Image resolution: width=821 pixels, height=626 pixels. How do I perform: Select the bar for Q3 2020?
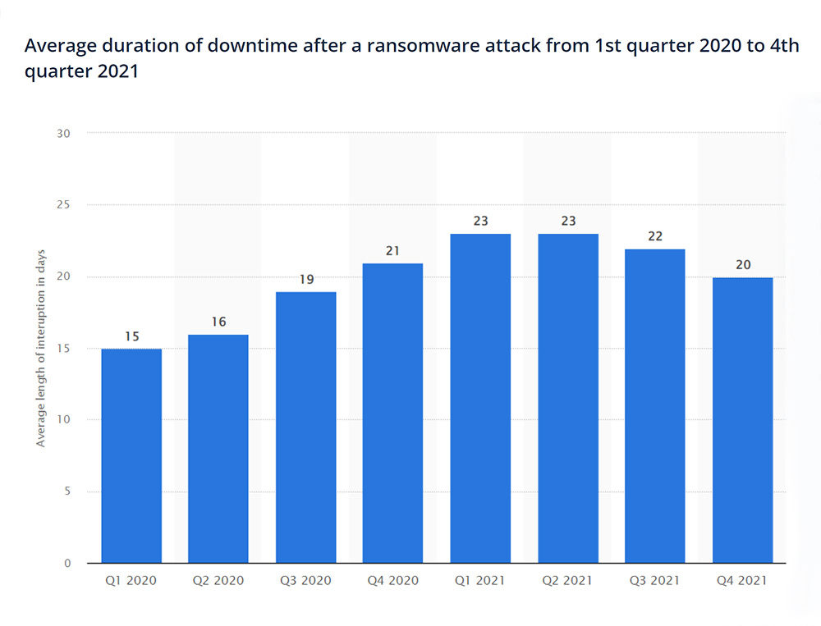305,427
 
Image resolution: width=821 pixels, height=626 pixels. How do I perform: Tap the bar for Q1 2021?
480,398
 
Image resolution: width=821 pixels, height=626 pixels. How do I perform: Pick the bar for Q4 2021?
742,420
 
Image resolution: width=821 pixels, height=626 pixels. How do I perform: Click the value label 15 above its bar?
131,336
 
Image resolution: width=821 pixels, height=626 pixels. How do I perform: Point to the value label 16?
218,322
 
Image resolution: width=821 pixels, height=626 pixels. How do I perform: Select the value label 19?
305,279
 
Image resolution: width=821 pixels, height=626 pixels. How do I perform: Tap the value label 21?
392,250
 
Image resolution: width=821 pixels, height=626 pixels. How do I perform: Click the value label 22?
654,236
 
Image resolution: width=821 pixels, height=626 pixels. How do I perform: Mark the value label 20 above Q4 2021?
742,265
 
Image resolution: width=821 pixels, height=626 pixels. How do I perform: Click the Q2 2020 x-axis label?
218,580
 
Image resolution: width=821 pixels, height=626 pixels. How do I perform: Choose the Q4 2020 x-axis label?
392,580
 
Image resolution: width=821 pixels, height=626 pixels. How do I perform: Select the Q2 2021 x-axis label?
567,580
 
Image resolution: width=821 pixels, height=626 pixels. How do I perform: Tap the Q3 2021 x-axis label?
654,580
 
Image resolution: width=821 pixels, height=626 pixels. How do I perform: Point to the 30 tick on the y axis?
64,133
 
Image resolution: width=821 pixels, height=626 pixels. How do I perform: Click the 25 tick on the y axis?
64,204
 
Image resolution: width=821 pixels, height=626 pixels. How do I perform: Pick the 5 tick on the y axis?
67,491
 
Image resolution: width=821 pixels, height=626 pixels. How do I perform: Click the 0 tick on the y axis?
67,564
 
